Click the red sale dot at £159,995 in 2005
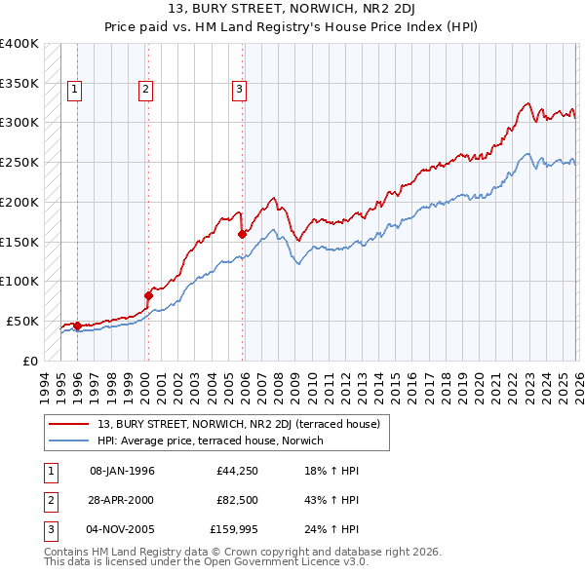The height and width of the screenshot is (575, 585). coord(243,233)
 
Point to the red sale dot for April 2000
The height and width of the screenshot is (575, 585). coord(149,294)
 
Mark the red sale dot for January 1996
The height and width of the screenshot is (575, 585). coord(77,325)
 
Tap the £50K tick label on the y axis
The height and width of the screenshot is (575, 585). coord(22,321)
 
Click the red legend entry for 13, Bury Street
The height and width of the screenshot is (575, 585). coord(244,423)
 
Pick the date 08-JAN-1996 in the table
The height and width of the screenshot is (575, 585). coord(122,471)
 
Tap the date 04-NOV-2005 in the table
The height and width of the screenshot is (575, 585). coord(122,532)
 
